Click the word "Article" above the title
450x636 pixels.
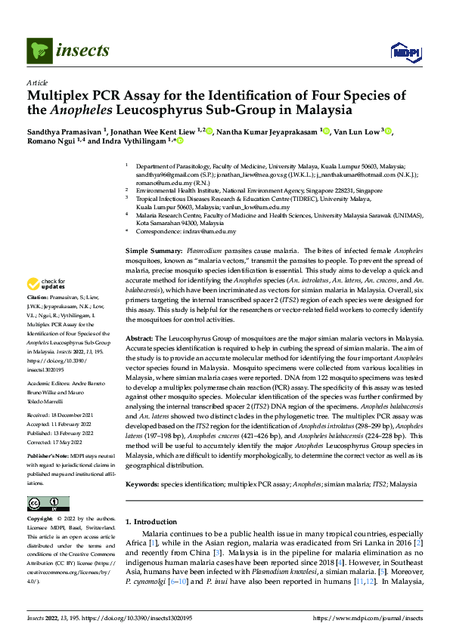[x=37, y=83]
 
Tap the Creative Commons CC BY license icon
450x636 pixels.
[x=48, y=504]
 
